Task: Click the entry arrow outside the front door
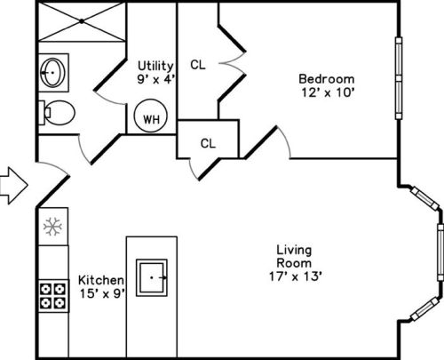pyautogui.click(x=14, y=186)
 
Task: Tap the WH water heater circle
pyautogui.click(x=151, y=116)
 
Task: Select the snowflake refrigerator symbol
pyautogui.click(x=52, y=227)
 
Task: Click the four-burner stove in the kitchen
pyautogui.click(x=53, y=296)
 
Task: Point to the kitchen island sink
pyautogui.click(x=152, y=277)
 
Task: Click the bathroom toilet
pyautogui.click(x=57, y=113)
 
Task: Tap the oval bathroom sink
pyautogui.click(x=52, y=73)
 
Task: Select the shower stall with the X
pyautogui.click(x=82, y=21)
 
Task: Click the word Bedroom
pyautogui.click(x=327, y=79)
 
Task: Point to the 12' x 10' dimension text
pyautogui.click(x=328, y=92)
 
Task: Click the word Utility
pyautogui.click(x=155, y=66)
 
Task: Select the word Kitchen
pyautogui.click(x=101, y=280)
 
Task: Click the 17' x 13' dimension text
pyautogui.click(x=296, y=276)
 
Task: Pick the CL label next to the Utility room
pyautogui.click(x=198, y=65)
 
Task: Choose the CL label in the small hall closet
pyautogui.click(x=208, y=144)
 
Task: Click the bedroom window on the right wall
pyautogui.click(x=399, y=78)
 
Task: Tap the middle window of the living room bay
pyautogui.click(x=440, y=252)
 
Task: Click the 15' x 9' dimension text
pyautogui.click(x=102, y=293)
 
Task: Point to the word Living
pyautogui.click(x=294, y=251)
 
